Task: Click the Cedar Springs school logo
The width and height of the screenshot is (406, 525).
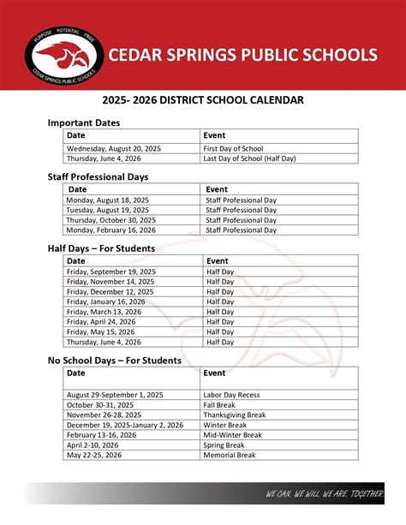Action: [x=63, y=56]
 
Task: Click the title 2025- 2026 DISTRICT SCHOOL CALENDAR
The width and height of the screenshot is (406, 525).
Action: [x=203, y=100]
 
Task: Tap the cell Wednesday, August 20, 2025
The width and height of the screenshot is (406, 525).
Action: [x=114, y=148]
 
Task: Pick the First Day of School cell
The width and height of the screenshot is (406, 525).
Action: [x=233, y=148]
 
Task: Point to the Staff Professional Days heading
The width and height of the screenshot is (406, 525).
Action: [x=98, y=176]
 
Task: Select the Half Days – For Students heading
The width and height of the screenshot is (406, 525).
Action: [x=101, y=248]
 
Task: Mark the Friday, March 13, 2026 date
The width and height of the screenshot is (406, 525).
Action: [x=104, y=312]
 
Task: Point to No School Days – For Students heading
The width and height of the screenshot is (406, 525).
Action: [x=114, y=361]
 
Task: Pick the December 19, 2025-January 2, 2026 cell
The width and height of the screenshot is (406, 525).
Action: [x=125, y=425]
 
